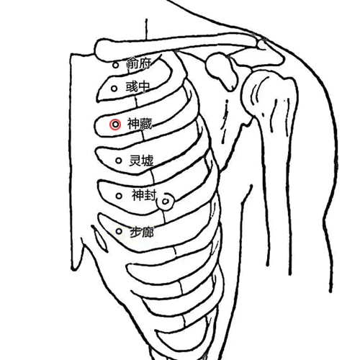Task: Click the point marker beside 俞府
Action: [x=116, y=65]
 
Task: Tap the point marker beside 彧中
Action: [x=114, y=89]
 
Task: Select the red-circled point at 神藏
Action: [x=115, y=125]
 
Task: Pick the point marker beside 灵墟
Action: [x=119, y=161]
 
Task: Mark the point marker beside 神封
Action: [x=119, y=196]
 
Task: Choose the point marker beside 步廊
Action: [x=119, y=231]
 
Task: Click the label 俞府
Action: [x=139, y=63]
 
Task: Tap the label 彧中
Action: [x=138, y=86]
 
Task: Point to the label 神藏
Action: [x=140, y=124]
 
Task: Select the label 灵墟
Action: [x=141, y=161]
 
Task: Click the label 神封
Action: [x=144, y=194]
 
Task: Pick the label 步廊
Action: [x=142, y=232]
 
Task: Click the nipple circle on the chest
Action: [x=166, y=202]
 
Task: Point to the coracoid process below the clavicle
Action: [x=222, y=71]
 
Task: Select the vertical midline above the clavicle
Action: [x=146, y=30]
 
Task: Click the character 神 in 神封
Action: [x=138, y=194]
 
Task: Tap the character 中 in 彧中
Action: [x=144, y=86]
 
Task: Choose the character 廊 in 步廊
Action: [x=148, y=232]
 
